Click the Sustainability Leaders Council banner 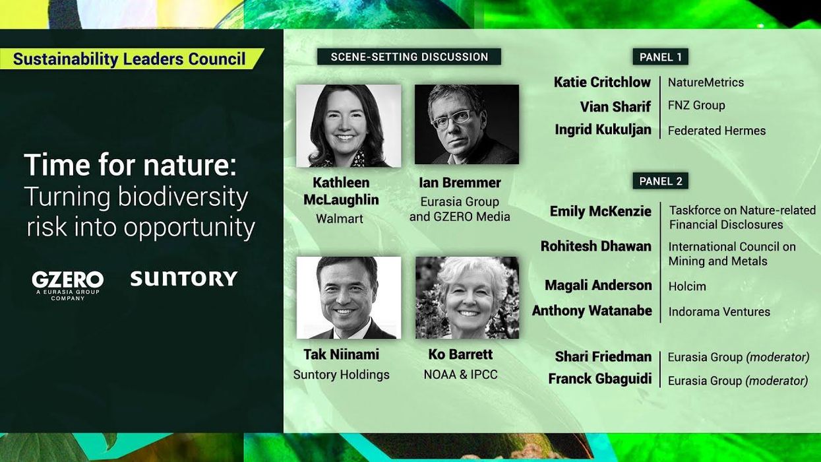129,59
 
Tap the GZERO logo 68,283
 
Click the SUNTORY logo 183,279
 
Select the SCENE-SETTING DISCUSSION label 409,57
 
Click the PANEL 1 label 660,57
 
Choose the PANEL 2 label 660,181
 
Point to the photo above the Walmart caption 348,125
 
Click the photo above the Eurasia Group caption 466,124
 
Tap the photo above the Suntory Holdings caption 348,298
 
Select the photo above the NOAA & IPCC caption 467,298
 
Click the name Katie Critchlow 602,82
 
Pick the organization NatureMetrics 706,82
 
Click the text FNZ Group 696,105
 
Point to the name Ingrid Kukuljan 603,130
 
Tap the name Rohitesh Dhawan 595,246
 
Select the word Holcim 687,286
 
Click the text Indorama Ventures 719,312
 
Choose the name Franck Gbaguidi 599,379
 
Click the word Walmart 340,218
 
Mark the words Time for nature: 130,165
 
